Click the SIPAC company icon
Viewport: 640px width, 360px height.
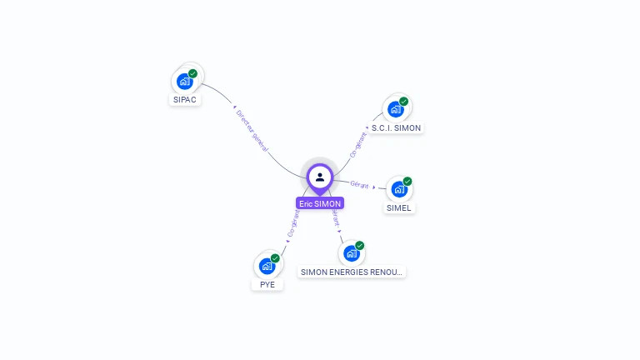185,82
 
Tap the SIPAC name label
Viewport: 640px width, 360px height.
185,100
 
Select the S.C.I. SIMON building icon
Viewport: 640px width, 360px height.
396,109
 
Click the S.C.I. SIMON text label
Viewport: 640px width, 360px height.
396,128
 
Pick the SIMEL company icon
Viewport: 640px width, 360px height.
399,189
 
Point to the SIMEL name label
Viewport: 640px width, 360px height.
399,207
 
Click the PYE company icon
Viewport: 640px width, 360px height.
267,266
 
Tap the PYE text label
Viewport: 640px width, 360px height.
267,284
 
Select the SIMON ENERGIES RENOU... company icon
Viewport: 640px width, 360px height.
352,253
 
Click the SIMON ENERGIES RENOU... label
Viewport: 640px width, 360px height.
352,272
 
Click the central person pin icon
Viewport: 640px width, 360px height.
320,177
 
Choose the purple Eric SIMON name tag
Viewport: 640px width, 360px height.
320,202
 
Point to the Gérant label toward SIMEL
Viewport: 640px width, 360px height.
359,184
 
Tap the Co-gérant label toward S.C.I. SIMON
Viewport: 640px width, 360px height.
359,143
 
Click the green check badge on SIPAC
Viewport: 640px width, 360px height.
193,73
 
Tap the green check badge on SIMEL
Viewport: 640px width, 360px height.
407,181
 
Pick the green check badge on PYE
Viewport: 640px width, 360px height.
275,257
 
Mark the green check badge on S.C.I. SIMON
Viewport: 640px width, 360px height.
404,101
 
